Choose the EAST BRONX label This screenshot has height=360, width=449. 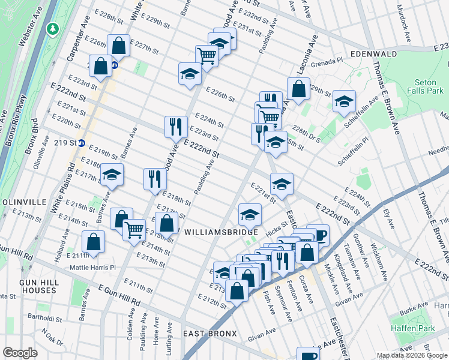pyautogui.click(x=210, y=334)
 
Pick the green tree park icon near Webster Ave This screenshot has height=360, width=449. pyautogui.click(x=53, y=28)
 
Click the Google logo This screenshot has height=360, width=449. pyautogui.click(x=20, y=353)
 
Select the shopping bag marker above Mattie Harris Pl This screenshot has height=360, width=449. pyautogui.click(x=94, y=242)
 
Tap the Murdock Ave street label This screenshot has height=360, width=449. pyautogui.click(x=401, y=18)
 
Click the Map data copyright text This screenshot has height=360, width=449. pyautogui.click(x=412, y=355)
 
